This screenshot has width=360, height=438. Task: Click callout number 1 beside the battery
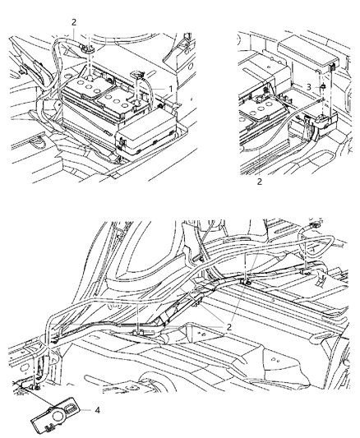171,89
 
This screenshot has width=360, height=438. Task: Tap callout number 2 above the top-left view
73,22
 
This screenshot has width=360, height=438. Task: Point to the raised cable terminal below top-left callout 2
88,55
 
